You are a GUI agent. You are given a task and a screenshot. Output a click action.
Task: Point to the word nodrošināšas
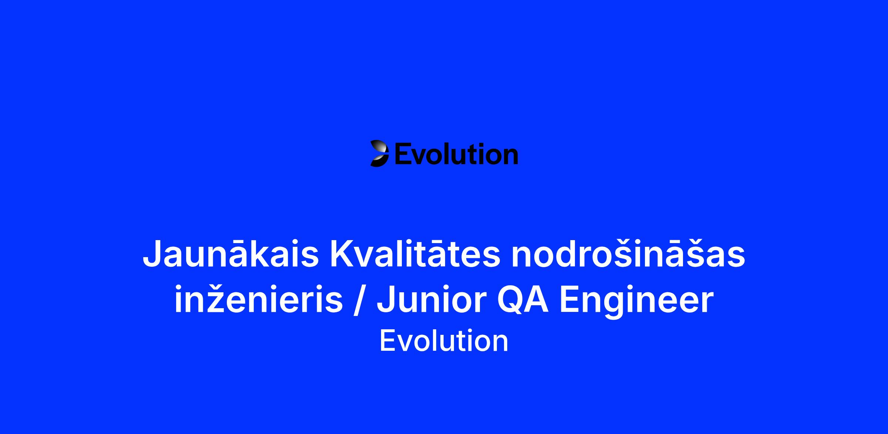tap(628, 254)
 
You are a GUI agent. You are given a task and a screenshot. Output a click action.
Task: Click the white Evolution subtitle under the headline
tap(444, 341)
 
